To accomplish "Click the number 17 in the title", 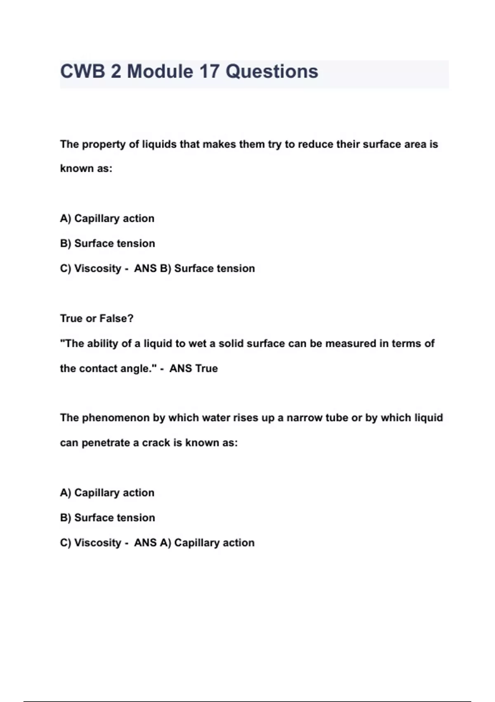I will pos(209,71).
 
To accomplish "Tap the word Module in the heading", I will pos(160,71).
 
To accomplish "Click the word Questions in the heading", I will pos(272,71).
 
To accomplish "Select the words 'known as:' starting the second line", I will pos(86,168).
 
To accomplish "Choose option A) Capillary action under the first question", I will pos(107,218).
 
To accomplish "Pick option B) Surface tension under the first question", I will pos(108,244).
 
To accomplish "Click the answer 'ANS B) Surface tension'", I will pos(194,268).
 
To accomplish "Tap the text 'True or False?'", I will pos(97,318).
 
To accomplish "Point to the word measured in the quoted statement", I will pos(350,344).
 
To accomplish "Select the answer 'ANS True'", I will pos(193,368).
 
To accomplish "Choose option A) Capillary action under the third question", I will pos(107,493).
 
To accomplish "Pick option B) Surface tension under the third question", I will pos(108,518).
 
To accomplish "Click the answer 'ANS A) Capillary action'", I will pos(194,543).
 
